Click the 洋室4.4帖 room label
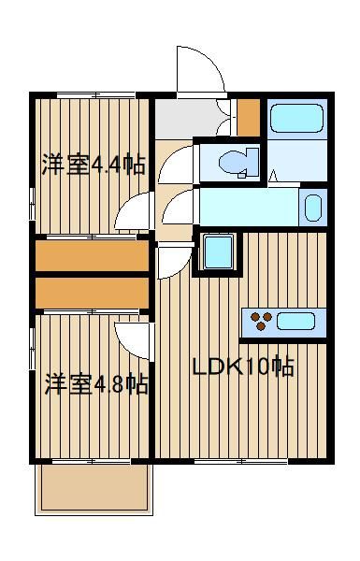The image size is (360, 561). (94, 165)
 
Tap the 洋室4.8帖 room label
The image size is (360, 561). (96, 383)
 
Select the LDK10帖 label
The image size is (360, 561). (243, 367)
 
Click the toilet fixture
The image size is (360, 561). (238, 164)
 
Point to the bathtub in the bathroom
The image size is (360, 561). (297, 119)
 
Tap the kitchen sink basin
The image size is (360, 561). (295, 322)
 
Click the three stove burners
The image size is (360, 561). (262, 321)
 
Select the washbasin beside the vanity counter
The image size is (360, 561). (312, 208)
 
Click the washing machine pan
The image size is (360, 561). (218, 252)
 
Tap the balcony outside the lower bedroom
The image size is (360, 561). (94, 489)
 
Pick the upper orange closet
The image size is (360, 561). (92, 256)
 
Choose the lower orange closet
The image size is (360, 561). (92, 293)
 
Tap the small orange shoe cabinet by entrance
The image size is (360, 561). (249, 117)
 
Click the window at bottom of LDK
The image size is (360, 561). (241, 462)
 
